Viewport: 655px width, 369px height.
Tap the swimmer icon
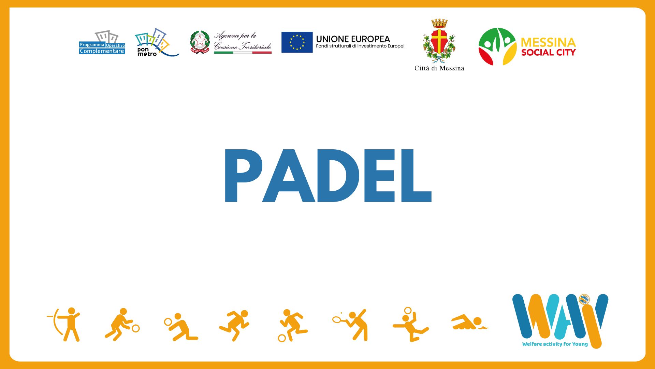[469, 322]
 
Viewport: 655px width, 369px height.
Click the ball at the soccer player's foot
[282, 338]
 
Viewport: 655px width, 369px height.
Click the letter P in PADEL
[243, 176]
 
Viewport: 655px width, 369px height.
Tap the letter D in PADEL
[338, 176]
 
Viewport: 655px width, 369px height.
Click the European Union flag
[297, 42]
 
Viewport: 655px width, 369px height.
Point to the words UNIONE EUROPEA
[353, 39]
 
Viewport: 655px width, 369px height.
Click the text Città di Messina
[439, 68]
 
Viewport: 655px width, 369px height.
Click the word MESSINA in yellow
[548, 42]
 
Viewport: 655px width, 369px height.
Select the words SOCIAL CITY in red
[548, 52]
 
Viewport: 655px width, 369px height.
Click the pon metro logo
[156, 43]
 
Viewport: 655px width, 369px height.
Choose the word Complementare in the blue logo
[102, 51]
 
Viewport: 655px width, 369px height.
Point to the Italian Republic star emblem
[200, 42]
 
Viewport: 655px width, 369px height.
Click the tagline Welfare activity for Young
[555, 344]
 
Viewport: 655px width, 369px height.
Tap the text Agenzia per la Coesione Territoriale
[243, 41]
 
